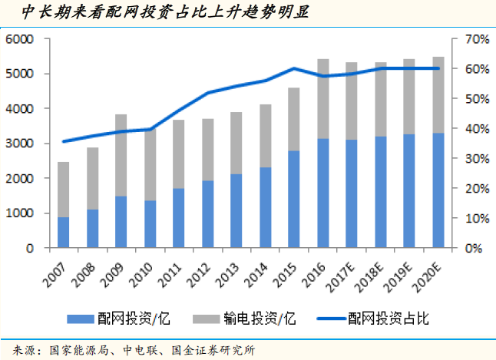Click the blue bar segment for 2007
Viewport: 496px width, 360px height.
click(x=63, y=233)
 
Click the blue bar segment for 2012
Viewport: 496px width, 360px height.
click(x=208, y=214)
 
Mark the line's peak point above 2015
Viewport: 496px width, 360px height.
click(x=294, y=68)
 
